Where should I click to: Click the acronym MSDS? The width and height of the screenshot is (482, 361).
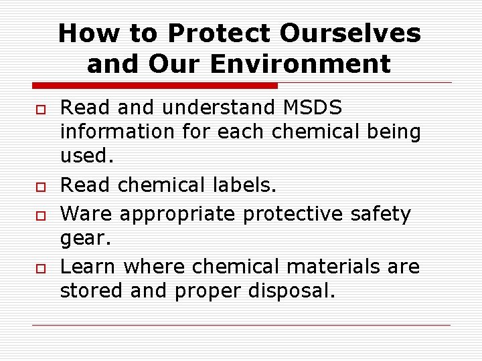pyautogui.click(x=313, y=107)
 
